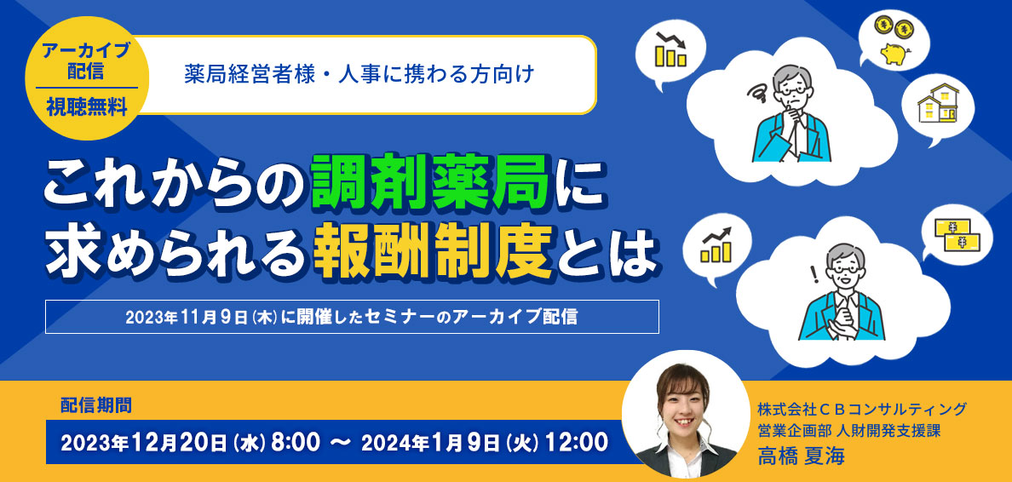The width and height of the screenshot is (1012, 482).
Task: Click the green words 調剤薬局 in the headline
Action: (x=430, y=182)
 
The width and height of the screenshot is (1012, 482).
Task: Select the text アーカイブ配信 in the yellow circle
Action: (x=87, y=60)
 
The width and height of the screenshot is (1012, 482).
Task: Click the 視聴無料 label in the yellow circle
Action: (x=87, y=106)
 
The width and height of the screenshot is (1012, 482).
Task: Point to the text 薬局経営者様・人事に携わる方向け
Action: (x=359, y=75)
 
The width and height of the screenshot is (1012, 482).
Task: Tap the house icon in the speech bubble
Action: (x=938, y=102)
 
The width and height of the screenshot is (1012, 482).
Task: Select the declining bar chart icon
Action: (x=669, y=49)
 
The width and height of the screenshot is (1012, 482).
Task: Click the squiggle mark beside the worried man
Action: (x=757, y=95)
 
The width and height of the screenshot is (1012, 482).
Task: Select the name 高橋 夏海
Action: (x=801, y=456)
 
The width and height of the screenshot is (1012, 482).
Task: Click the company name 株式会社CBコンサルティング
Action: (x=862, y=409)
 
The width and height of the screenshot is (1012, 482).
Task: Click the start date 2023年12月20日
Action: (x=143, y=443)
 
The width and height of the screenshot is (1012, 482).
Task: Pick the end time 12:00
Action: (x=577, y=443)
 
